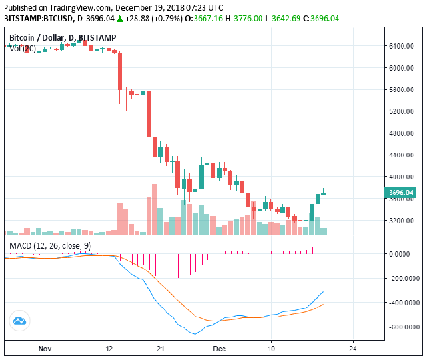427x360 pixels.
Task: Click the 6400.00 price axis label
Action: (x=402, y=46)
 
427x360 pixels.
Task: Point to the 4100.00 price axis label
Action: (x=402, y=155)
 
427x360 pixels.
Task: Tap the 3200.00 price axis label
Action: (x=402, y=221)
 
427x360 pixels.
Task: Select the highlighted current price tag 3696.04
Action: (x=401, y=193)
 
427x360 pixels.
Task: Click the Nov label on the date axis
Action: (x=45, y=348)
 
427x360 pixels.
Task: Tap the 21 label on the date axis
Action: (x=160, y=348)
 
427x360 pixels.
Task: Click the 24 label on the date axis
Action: (x=353, y=348)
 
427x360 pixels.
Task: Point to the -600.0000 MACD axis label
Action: (x=403, y=327)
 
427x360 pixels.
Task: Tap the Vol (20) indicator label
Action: (x=22, y=48)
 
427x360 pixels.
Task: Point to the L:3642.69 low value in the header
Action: (x=288, y=18)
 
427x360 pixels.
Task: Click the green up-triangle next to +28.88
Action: (x=120, y=18)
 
